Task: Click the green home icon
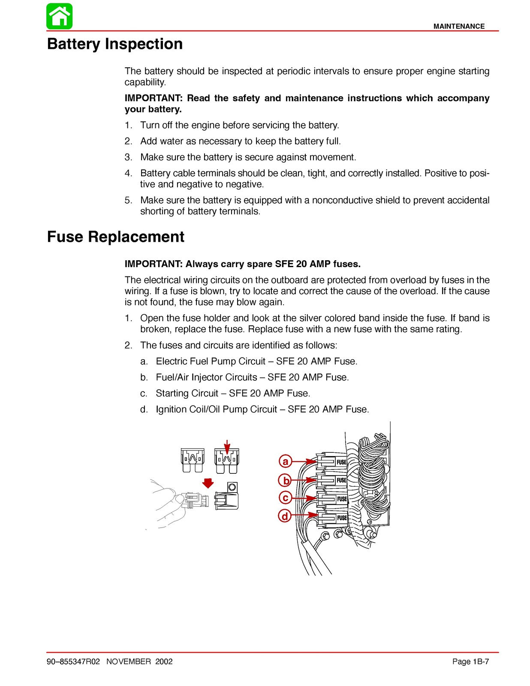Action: (60, 16)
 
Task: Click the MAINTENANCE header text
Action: (458, 26)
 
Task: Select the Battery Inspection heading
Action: (115, 44)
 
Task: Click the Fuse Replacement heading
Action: (116, 237)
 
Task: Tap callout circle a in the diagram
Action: (286, 461)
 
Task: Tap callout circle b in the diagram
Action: (286, 480)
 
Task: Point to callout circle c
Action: (286, 498)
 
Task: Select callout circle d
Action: (286, 516)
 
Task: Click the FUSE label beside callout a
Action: (341, 462)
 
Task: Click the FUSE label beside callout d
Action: (342, 518)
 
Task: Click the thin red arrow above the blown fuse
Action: (227, 446)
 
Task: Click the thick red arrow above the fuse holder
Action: (208, 483)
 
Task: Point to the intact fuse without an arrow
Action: (192, 460)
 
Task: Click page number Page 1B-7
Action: (470, 662)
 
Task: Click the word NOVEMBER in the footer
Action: (129, 662)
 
